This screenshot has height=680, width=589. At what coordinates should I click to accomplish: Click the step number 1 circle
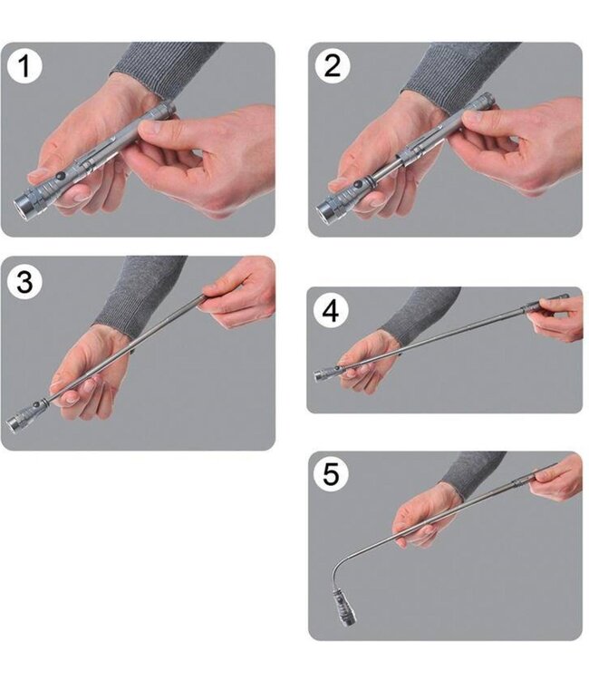pos(24,66)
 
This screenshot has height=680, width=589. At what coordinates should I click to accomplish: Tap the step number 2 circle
pos(333,66)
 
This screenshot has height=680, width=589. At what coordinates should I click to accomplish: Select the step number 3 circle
pos(24,282)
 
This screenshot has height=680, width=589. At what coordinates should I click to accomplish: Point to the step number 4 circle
pos(331,310)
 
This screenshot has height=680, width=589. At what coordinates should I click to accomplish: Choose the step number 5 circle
pos(331,474)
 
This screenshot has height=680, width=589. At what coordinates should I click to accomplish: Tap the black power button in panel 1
pos(60,176)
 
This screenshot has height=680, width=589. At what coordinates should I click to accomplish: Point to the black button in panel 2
pos(358,185)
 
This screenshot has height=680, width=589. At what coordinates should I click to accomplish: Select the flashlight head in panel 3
pos(23,417)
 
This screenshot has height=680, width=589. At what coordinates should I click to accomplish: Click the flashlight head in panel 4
pos(328,374)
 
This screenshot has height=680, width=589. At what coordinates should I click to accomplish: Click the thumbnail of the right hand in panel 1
pos(149,127)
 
